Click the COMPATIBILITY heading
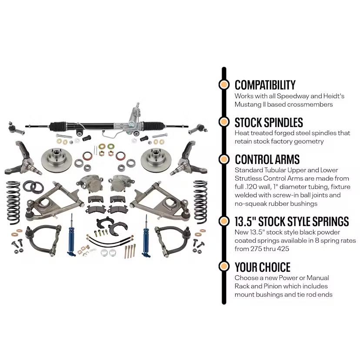tap(265, 85)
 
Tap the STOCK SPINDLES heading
tap(269, 123)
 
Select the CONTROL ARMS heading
tap(267, 160)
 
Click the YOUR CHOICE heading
tap(263, 267)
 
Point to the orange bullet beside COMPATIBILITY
tap(224, 84)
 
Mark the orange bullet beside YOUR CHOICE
tap(224, 267)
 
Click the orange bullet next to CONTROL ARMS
tap(224, 159)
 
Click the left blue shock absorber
tap(71, 235)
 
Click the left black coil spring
tap(13, 203)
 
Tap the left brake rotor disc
tap(57, 160)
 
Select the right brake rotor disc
tap(156, 160)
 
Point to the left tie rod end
tap(16, 129)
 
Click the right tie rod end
tap(198, 129)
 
